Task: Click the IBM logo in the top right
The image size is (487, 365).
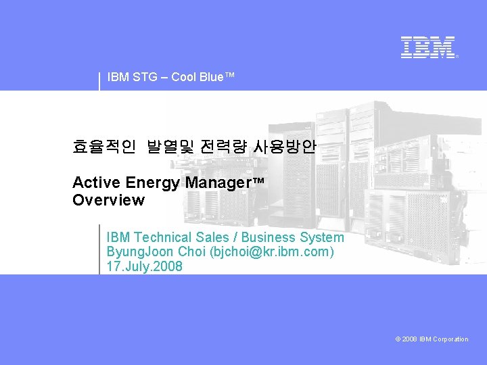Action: click(428, 47)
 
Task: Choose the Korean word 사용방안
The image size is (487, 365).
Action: click(284, 147)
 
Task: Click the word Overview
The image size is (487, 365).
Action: click(108, 200)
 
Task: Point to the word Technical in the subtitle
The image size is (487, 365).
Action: click(163, 237)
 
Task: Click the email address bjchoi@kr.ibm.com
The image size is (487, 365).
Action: click(272, 252)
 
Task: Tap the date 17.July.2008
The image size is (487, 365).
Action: click(144, 266)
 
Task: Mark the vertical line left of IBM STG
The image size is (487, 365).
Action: click(99, 80)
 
